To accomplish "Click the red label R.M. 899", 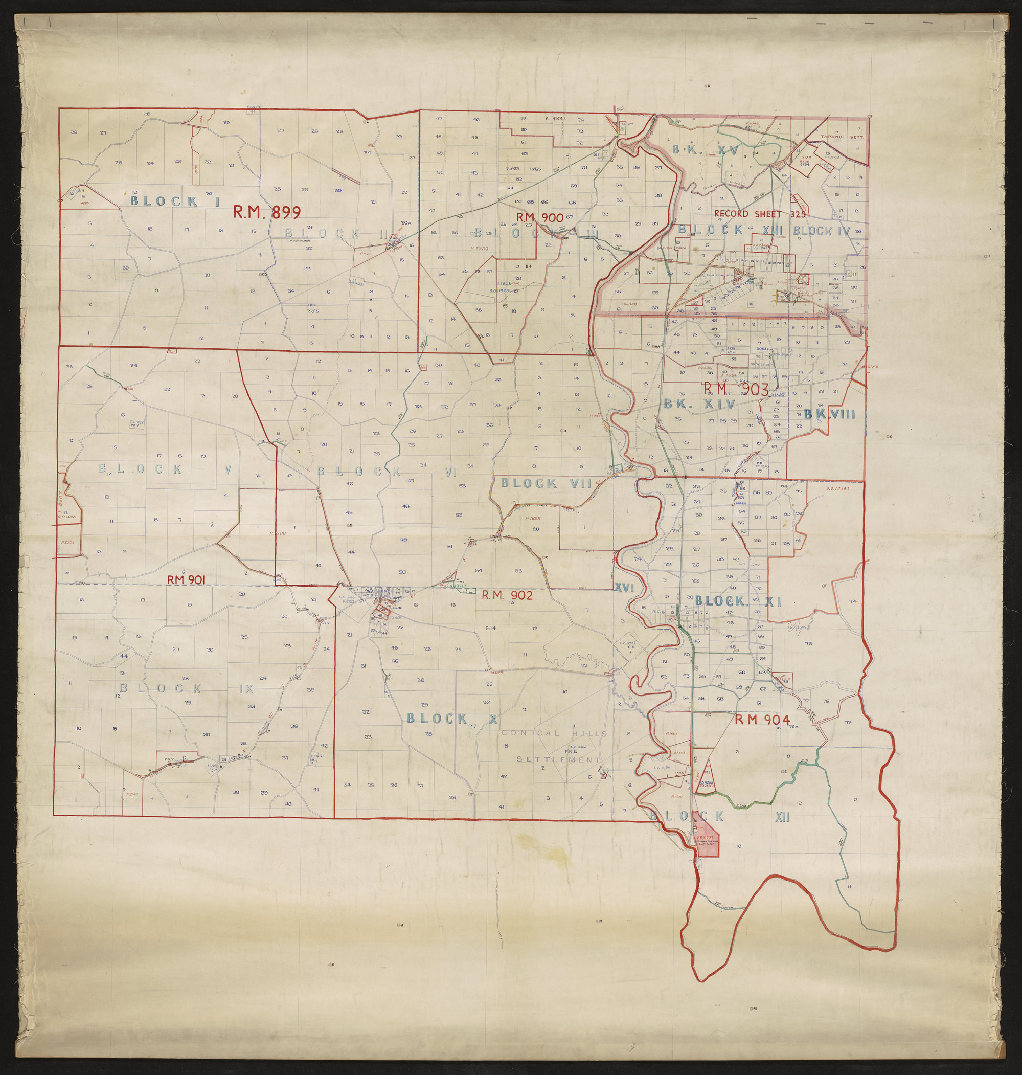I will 266,212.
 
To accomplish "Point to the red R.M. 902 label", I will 507,595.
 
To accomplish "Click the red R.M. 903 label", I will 736,389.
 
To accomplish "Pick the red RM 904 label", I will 762,720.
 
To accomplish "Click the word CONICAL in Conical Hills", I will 526,733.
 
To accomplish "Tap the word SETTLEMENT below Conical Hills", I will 558,759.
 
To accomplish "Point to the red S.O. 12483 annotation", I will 837,488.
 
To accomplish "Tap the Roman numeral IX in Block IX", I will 246,689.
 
